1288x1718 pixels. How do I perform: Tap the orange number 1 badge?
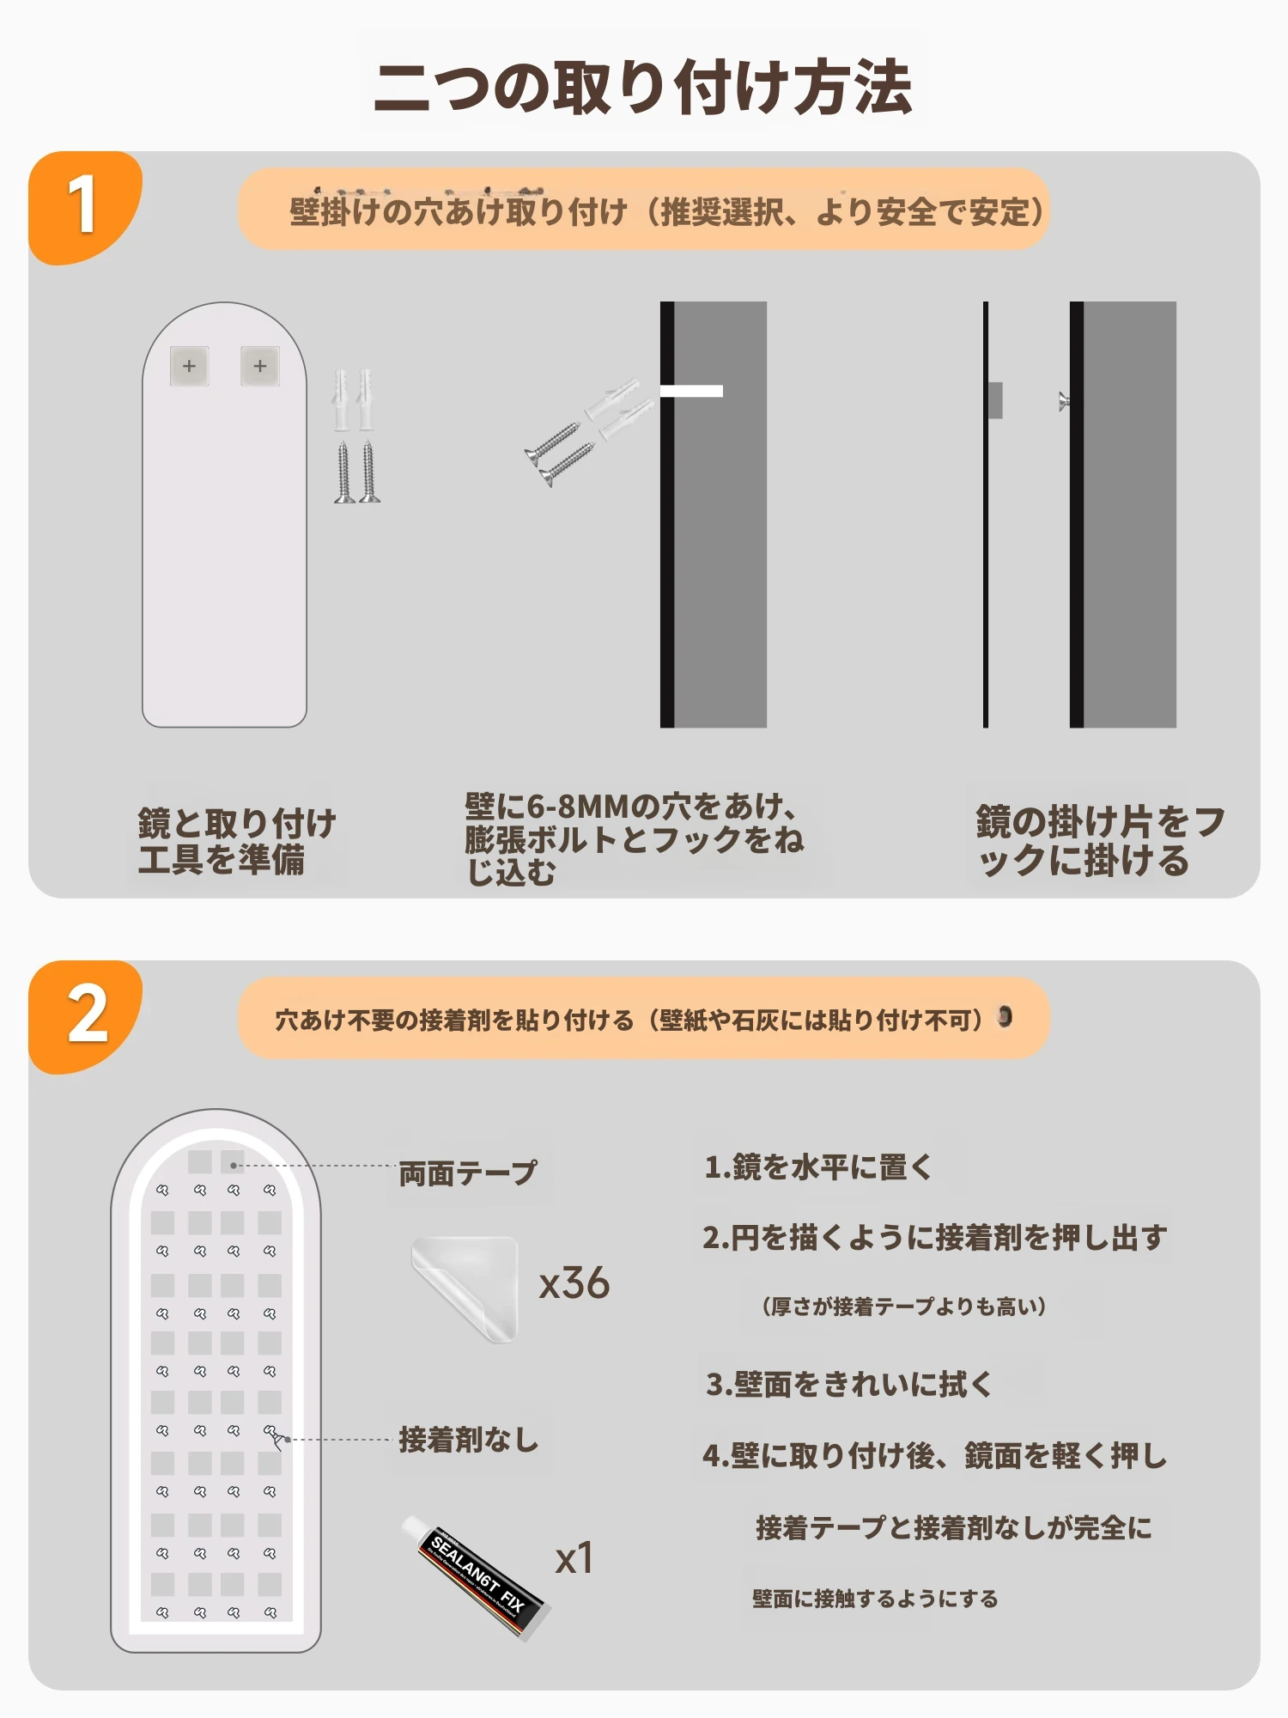click(83, 206)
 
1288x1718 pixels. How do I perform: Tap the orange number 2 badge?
click(85, 1015)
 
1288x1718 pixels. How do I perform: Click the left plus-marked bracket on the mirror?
click(189, 366)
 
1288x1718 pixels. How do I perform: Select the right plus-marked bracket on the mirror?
click(259, 366)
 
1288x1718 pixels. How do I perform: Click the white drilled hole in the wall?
click(691, 391)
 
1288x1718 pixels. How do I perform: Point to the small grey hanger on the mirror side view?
click(995, 400)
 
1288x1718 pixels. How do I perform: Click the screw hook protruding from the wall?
click(1064, 400)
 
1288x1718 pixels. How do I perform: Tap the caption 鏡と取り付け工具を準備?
click(236, 841)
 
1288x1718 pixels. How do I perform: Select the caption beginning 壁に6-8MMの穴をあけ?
click(634, 838)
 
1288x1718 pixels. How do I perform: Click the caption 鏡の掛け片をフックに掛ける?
click(1100, 841)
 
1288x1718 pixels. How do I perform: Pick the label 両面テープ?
click(468, 1173)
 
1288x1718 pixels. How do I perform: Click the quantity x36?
click(574, 1283)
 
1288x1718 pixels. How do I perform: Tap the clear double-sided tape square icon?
click(465, 1288)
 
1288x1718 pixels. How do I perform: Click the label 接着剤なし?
click(468, 1440)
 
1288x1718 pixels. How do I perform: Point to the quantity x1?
click(574, 1558)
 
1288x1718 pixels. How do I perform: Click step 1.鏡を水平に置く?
click(818, 1167)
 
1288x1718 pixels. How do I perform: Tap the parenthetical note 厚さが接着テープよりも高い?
click(904, 1307)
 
